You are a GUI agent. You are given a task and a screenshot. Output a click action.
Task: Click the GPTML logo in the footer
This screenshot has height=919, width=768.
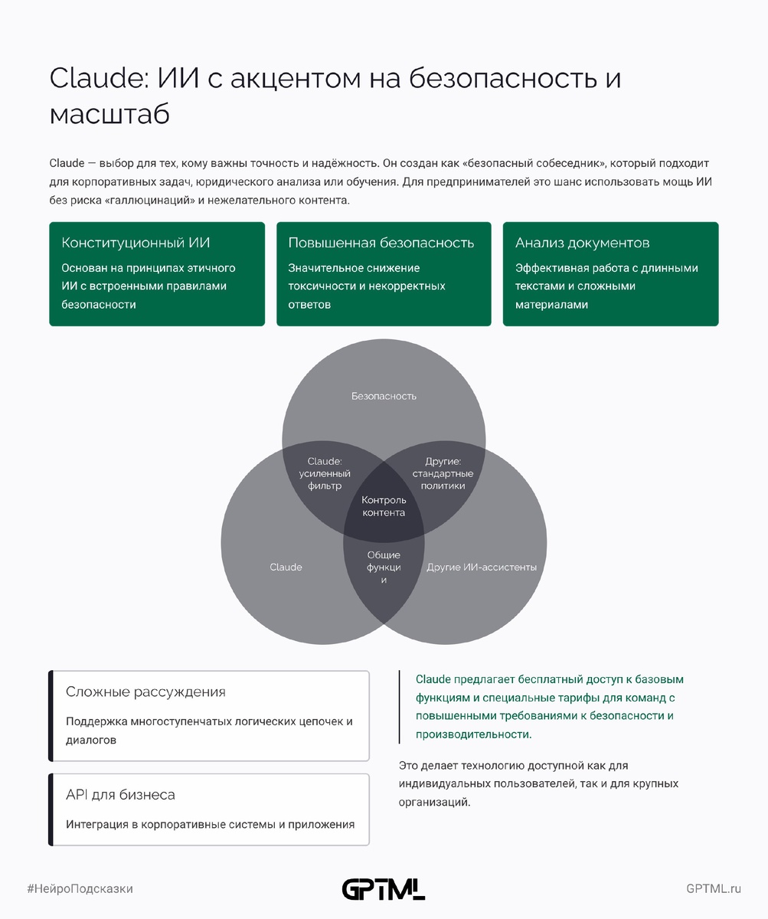(383, 888)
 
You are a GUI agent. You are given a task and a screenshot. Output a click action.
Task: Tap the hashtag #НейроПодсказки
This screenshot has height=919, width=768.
(80, 888)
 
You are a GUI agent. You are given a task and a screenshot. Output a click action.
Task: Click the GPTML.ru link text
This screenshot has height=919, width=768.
(714, 888)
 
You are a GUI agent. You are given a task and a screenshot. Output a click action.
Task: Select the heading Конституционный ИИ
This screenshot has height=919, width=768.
(136, 243)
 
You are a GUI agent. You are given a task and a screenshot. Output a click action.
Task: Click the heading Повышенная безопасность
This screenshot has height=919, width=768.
(381, 243)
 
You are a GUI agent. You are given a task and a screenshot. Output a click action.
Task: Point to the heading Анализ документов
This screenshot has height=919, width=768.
(582, 243)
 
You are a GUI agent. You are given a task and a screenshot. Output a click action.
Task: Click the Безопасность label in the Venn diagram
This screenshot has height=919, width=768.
(384, 396)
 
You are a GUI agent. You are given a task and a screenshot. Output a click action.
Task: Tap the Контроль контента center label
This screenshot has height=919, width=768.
(384, 506)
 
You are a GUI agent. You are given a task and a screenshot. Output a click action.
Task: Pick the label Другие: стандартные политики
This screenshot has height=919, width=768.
(443, 473)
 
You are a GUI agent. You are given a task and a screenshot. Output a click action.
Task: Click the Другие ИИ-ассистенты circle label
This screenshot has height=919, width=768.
(482, 567)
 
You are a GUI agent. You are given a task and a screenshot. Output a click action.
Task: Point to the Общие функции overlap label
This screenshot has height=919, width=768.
(384, 567)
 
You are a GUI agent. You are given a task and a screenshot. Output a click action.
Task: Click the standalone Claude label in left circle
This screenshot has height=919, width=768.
(286, 567)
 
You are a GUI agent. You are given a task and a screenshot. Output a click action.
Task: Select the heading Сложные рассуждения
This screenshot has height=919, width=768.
(145, 692)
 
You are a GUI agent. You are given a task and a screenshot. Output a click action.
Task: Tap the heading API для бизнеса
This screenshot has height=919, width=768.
(120, 795)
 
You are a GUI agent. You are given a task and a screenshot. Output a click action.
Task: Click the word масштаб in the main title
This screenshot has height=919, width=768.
(109, 113)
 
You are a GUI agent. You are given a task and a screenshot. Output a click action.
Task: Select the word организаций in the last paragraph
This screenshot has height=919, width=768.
(433, 803)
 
